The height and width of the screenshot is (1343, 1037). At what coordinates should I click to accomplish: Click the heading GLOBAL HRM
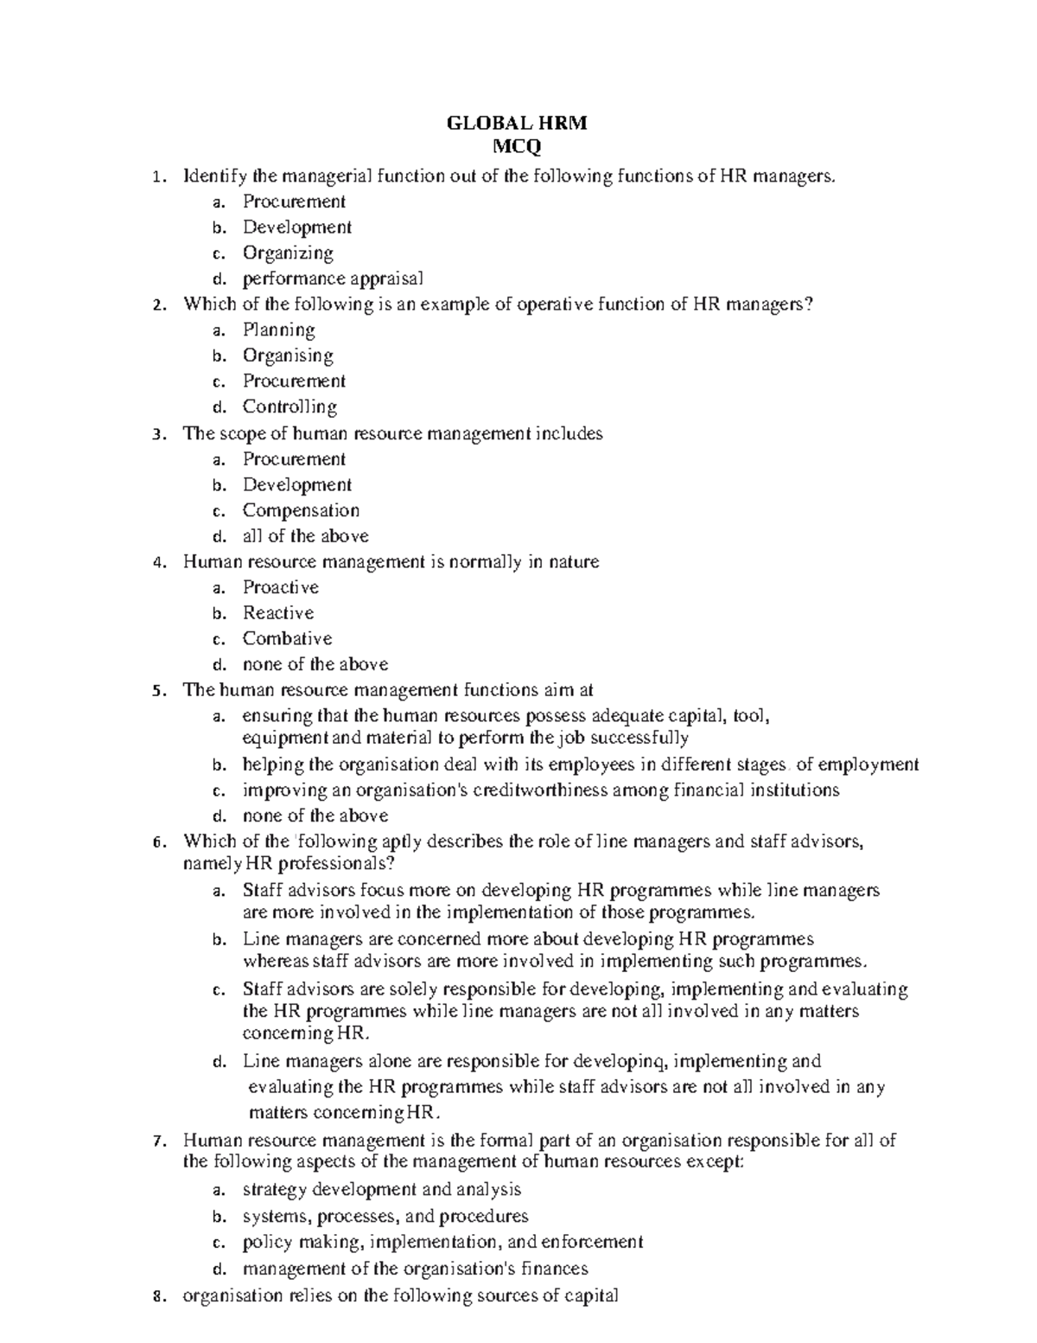pos(516,123)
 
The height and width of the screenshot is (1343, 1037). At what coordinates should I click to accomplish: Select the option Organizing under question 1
pos(288,253)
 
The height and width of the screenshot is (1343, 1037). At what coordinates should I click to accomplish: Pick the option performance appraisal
pos(333,278)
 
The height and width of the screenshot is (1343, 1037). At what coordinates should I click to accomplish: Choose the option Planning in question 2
pos(278,329)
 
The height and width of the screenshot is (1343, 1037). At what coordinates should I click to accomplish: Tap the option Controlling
pos(289,406)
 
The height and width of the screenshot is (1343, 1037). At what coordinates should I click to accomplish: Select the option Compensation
pos(301,510)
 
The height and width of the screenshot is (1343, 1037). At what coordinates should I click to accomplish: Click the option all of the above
pos(305,535)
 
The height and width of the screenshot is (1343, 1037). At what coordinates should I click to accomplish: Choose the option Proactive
pos(281,587)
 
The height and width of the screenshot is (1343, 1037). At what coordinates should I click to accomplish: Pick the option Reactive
pos(278,613)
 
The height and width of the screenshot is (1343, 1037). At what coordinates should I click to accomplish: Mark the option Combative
pos(287,638)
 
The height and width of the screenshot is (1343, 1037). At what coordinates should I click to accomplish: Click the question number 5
pos(156,691)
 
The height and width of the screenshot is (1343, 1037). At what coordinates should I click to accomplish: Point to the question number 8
pos(156,1295)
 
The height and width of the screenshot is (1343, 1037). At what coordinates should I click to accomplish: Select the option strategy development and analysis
pos(381,1190)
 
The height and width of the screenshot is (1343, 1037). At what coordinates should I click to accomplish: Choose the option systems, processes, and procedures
pos(385,1217)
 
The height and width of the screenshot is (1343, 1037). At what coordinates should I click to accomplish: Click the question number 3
pos(156,434)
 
